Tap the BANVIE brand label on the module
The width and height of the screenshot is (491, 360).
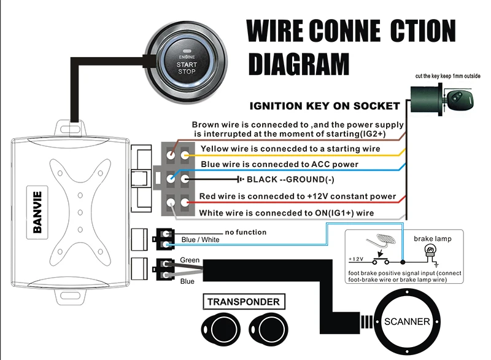(37, 212)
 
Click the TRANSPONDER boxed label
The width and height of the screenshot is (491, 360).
(244, 302)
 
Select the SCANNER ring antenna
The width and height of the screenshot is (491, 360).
(407, 321)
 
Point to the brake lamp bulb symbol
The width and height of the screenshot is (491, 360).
(430, 251)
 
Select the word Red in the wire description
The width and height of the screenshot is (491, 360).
(207, 196)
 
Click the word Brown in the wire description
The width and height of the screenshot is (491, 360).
(204, 125)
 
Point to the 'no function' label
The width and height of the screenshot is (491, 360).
(246, 232)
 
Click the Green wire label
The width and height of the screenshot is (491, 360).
(190, 260)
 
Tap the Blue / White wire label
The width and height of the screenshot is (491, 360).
(201, 240)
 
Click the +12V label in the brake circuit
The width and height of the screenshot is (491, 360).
(356, 259)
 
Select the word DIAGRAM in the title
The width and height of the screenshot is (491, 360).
(299, 64)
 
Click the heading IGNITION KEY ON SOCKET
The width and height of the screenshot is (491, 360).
(325, 106)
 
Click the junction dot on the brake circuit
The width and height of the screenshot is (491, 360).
(403, 262)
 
